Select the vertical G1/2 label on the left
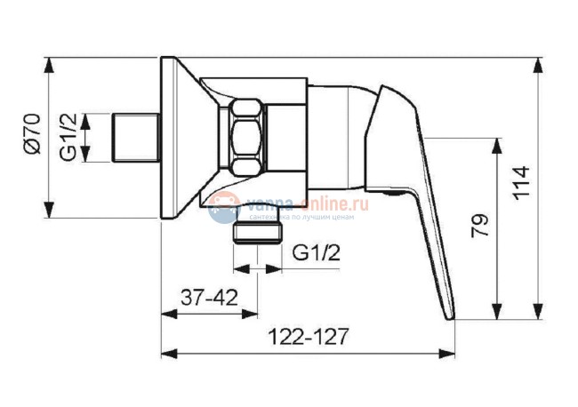67,139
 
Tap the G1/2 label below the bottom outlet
315,252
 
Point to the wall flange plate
173,139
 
